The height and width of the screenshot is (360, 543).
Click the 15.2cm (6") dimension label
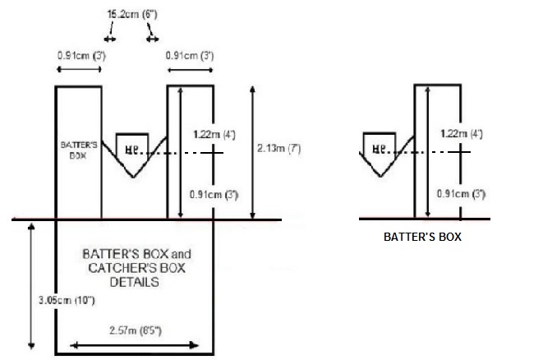pyautogui.click(x=130, y=14)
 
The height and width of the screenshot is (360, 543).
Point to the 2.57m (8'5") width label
pyautogui.click(x=135, y=332)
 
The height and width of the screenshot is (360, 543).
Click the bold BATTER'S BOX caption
pyautogui.click(x=423, y=238)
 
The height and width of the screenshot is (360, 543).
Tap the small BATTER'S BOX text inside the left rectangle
pyautogui.click(x=79, y=148)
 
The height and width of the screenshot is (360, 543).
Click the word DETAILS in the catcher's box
pyautogui.click(x=135, y=282)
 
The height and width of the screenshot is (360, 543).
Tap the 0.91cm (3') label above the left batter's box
pyautogui.click(x=78, y=55)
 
